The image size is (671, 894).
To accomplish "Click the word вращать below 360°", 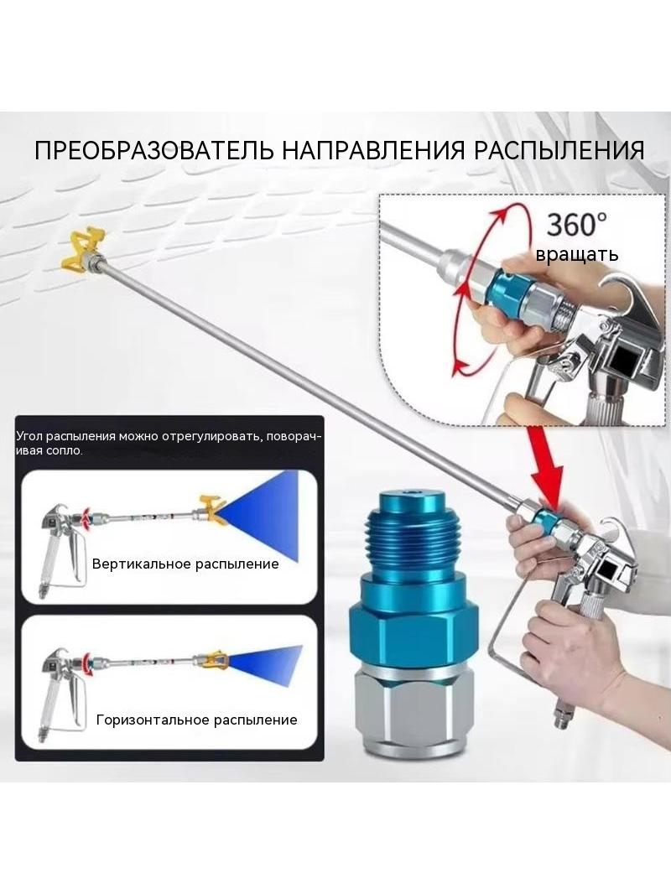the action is click(x=576, y=254).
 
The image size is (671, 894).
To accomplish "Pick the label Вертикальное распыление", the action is click(x=185, y=564).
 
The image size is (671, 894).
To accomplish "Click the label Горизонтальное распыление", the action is click(x=196, y=720).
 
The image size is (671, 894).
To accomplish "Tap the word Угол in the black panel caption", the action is click(x=29, y=437).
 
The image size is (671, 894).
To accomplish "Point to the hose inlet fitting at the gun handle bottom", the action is click(x=561, y=715).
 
